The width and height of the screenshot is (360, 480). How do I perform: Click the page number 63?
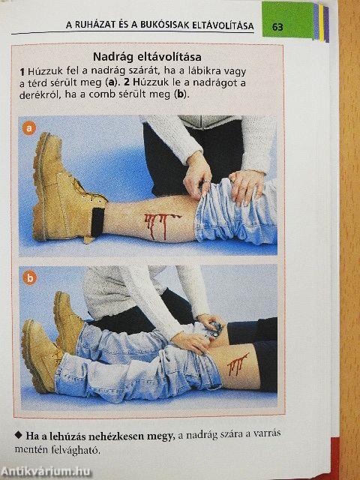[277, 27]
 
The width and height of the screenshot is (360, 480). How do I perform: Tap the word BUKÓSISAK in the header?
[165, 25]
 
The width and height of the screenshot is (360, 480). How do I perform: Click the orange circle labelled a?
[29, 128]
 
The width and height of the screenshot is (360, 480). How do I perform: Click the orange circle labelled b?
[29, 278]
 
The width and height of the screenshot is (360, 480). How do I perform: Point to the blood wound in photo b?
[237, 363]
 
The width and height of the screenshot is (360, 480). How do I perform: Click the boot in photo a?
[68, 190]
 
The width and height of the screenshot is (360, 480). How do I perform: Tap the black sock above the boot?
[97, 223]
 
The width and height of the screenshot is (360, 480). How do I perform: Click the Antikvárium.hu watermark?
[46, 472]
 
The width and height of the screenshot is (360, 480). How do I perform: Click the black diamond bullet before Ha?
[19, 435]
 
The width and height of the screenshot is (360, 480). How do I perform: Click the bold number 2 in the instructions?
[127, 83]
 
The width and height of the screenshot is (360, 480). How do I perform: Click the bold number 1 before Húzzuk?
[22, 72]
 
